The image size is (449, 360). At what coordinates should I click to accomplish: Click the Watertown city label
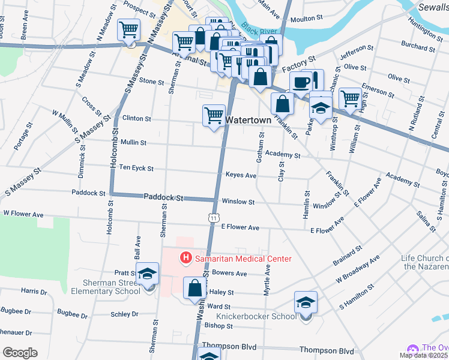[248, 120]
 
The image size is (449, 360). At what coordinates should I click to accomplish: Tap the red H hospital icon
[186, 259]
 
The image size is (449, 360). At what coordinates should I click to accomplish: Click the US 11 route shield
[214, 218]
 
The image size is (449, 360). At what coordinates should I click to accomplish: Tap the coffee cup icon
[300, 82]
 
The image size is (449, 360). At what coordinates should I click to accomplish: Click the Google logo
[20, 353]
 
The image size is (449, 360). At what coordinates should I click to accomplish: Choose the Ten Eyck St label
[136, 169]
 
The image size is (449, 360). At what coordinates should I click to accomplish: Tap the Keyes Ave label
[241, 176]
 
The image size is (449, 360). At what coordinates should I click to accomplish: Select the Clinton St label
[136, 119]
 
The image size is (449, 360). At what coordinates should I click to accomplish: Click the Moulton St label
[307, 19]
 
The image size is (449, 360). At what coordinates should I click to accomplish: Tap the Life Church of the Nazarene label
[425, 262]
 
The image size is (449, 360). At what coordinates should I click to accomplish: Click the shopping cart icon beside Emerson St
[350, 97]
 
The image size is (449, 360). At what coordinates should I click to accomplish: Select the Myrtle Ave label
[267, 281]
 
